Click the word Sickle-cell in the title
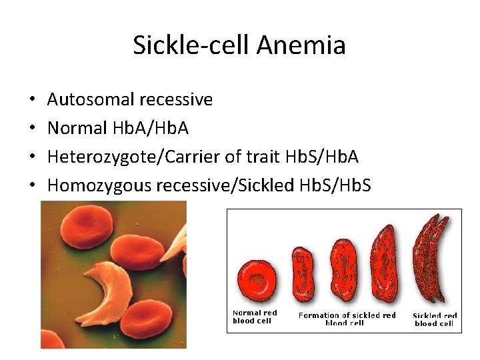(191, 45)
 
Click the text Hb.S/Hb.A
(321, 157)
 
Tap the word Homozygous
(99, 185)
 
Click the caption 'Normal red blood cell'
(255, 317)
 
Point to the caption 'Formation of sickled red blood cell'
(347, 319)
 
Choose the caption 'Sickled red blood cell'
(435, 319)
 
